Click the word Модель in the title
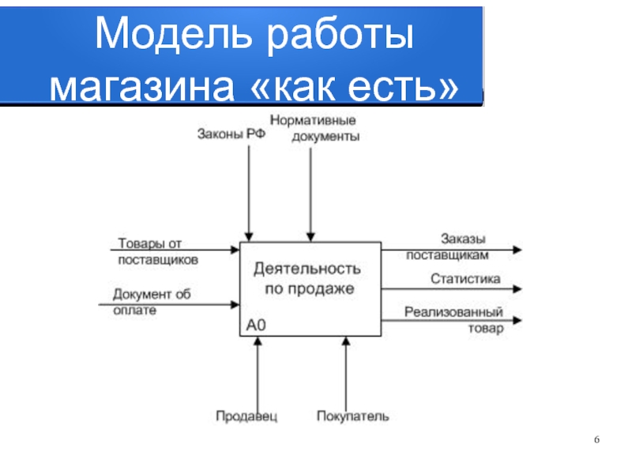pyautogui.click(x=174, y=34)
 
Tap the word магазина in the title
pyautogui.click(x=142, y=87)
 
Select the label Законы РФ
pyautogui.click(x=231, y=134)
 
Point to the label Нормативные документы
pyautogui.click(x=314, y=128)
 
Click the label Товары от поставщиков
pyautogui.click(x=158, y=251)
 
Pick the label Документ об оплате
pyautogui.click(x=152, y=302)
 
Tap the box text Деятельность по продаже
pyautogui.click(x=307, y=279)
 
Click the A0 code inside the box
pyautogui.click(x=256, y=325)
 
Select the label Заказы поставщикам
pyautogui.click(x=447, y=246)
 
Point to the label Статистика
pyautogui.click(x=465, y=279)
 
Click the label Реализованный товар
pyautogui.click(x=453, y=320)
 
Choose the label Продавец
pyautogui.click(x=246, y=416)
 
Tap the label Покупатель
pyautogui.click(x=353, y=416)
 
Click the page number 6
pyautogui.click(x=596, y=439)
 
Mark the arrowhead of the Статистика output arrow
pyautogui.click(x=517, y=289)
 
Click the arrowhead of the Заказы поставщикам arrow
pyautogui.click(x=517, y=250)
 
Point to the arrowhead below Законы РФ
pyautogui.click(x=249, y=237)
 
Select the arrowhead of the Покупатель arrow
pyautogui.click(x=346, y=341)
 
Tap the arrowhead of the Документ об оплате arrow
pyautogui.click(x=235, y=304)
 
